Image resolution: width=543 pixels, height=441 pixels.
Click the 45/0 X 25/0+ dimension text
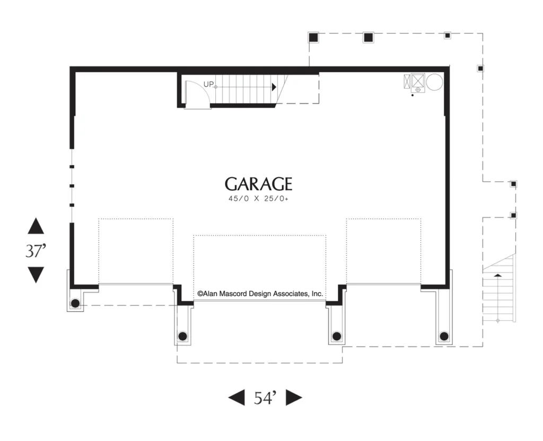point(258,199)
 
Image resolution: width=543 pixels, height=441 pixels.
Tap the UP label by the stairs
point(208,84)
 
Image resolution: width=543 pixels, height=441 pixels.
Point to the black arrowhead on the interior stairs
point(274,87)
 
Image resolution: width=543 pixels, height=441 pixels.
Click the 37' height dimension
point(36,250)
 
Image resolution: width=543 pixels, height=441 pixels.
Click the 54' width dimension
point(265,398)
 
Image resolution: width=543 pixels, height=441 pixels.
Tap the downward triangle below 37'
point(36,275)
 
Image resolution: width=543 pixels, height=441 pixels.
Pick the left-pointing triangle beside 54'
point(237,398)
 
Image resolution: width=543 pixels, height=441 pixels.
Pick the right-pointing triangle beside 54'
point(294,398)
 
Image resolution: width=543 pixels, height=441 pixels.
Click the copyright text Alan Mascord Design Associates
point(260,294)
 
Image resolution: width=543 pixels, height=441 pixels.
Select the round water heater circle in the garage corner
point(434,82)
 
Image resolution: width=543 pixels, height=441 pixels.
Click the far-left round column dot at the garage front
point(75,304)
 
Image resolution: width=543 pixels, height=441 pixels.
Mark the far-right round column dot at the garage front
point(444,336)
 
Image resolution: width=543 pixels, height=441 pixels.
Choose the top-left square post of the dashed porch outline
point(313,37)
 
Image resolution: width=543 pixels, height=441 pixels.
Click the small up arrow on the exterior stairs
point(497,275)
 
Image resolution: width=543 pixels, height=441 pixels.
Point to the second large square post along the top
point(368,37)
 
